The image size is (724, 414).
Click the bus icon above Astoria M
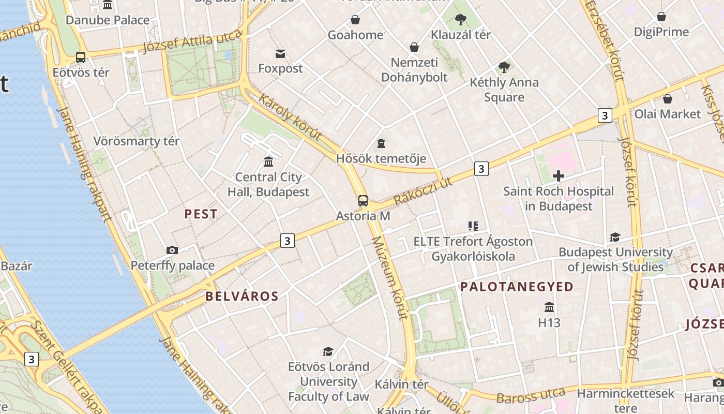(x=363, y=201)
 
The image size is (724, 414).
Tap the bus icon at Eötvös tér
(x=81, y=57)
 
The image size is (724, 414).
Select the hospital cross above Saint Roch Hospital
(x=559, y=176)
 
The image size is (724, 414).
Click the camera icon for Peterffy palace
(x=172, y=250)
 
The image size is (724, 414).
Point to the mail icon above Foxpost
(x=280, y=53)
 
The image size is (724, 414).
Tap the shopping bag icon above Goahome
(x=355, y=20)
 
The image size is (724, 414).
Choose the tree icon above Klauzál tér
(x=460, y=20)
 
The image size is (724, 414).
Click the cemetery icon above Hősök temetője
(x=381, y=143)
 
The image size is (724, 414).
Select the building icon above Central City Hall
(x=268, y=162)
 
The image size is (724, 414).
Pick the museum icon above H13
(x=549, y=307)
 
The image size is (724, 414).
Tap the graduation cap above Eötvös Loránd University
(x=328, y=352)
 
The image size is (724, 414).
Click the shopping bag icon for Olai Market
(x=668, y=99)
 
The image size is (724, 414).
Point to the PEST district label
(x=201, y=214)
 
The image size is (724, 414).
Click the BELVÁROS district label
(x=242, y=297)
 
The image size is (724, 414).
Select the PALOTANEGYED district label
(x=517, y=287)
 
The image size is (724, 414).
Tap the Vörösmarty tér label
(x=137, y=141)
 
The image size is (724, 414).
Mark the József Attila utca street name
(x=192, y=41)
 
